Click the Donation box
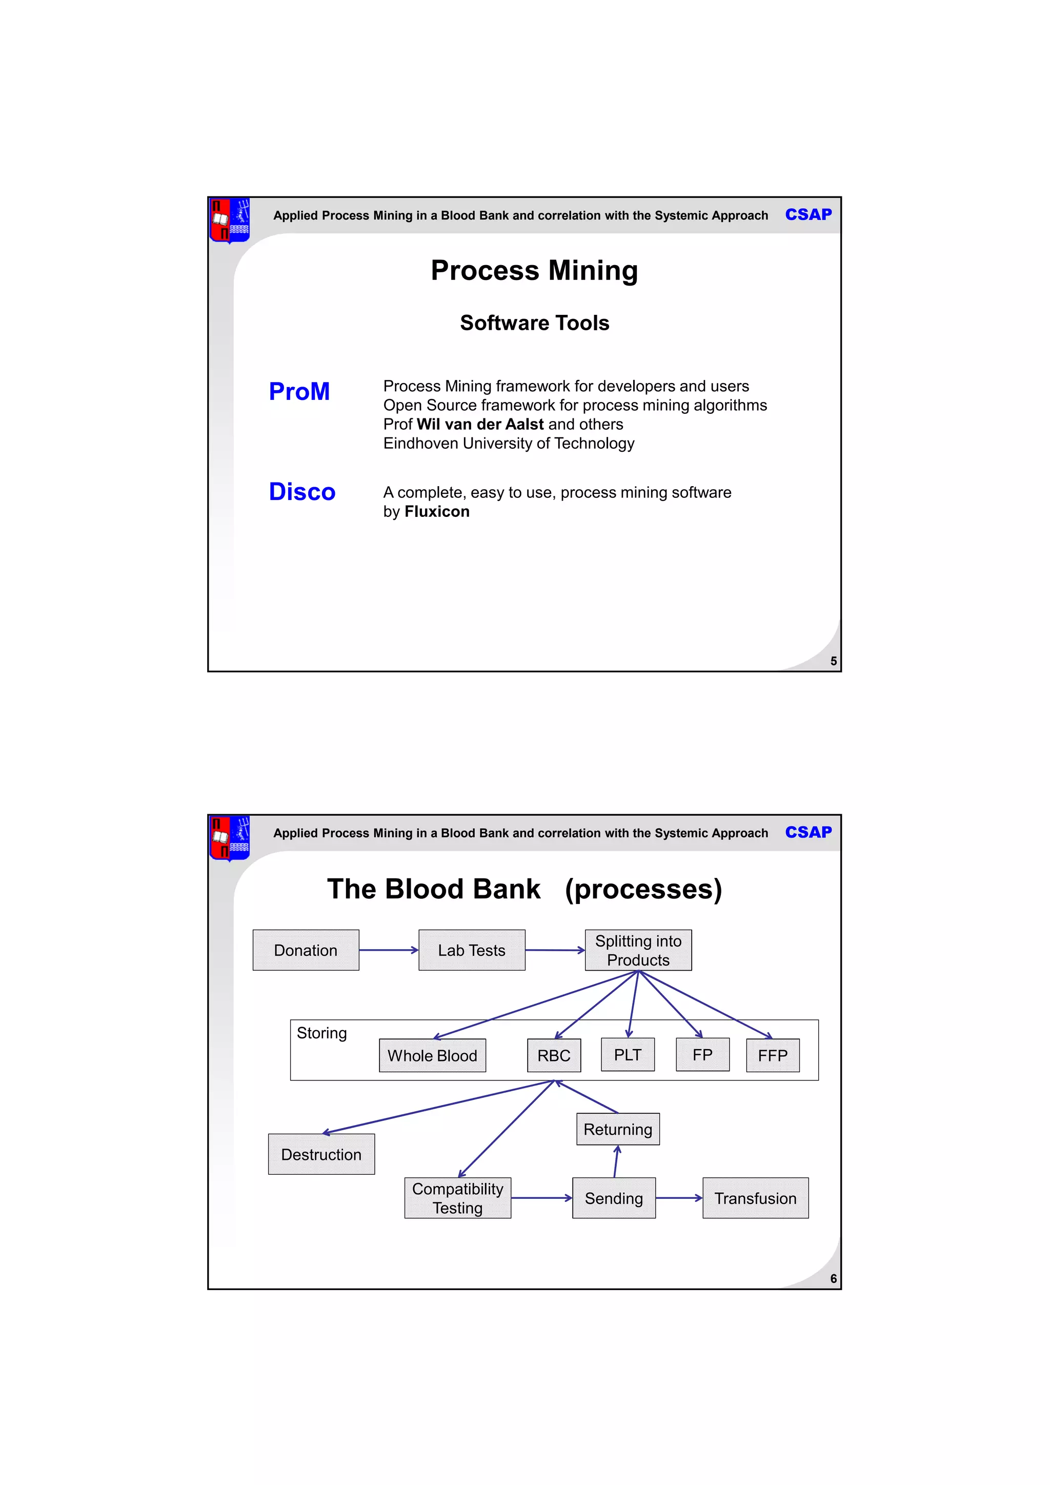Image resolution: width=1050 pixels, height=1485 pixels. pos(306,950)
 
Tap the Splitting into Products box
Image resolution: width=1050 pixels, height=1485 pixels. pos(638,950)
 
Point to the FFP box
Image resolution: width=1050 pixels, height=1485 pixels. pos(773,1055)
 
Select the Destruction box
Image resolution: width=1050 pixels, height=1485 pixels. pos(321,1154)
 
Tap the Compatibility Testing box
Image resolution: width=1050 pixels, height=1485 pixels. pos(457,1198)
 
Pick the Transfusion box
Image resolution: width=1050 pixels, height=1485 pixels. pos(755,1198)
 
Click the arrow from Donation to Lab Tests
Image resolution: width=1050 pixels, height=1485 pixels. pos(389,950)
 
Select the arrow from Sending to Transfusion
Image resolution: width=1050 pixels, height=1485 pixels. pos(679,1198)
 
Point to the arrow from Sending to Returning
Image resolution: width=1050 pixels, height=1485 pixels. pos(616,1161)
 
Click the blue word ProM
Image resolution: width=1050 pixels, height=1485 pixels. pos(299,391)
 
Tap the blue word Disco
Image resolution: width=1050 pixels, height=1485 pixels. pos(302,492)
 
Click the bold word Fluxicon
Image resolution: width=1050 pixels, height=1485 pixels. pos(437,512)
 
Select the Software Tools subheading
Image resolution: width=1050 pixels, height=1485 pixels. pos(535,323)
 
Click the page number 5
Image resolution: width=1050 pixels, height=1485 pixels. pos(834,661)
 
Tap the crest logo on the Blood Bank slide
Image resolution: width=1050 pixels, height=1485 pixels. pos(230,838)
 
